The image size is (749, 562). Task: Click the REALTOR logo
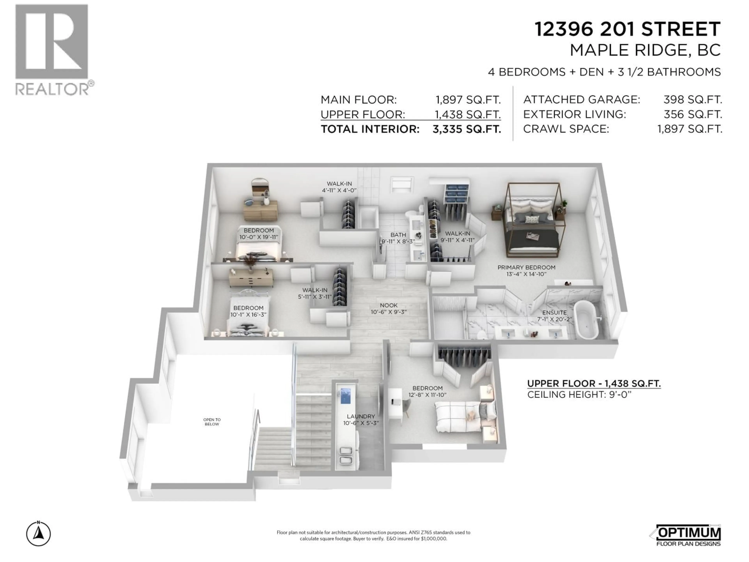[x=54, y=49]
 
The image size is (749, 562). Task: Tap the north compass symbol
[x=39, y=534]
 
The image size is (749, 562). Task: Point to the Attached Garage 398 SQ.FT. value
[x=692, y=100]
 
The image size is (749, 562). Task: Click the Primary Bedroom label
[x=526, y=268]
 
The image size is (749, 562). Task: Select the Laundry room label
[x=361, y=416]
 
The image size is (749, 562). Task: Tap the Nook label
[x=388, y=305]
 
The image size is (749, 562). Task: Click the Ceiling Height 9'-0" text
[x=579, y=395]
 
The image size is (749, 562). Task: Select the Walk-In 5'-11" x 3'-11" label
[x=315, y=293]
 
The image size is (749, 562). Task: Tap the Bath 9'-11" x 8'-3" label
[x=398, y=238]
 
